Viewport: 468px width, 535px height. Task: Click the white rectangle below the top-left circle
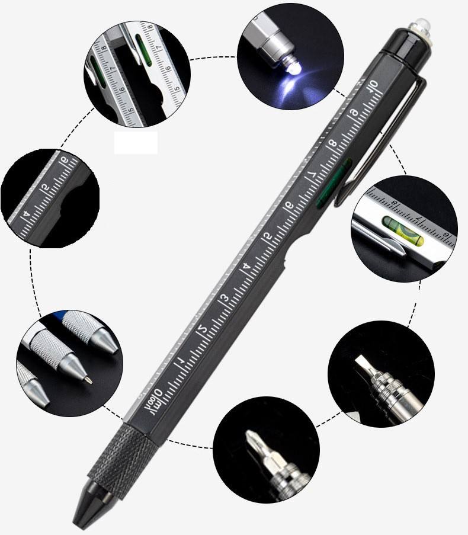tap(136, 143)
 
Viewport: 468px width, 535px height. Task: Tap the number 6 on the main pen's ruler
tap(289, 204)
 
